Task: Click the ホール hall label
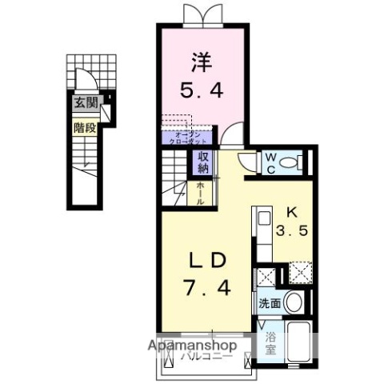click(x=202, y=193)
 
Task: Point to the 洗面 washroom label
click(x=269, y=303)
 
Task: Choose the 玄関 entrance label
click(x=84, y=102)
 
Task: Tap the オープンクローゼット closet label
click(x=188, y=136)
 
